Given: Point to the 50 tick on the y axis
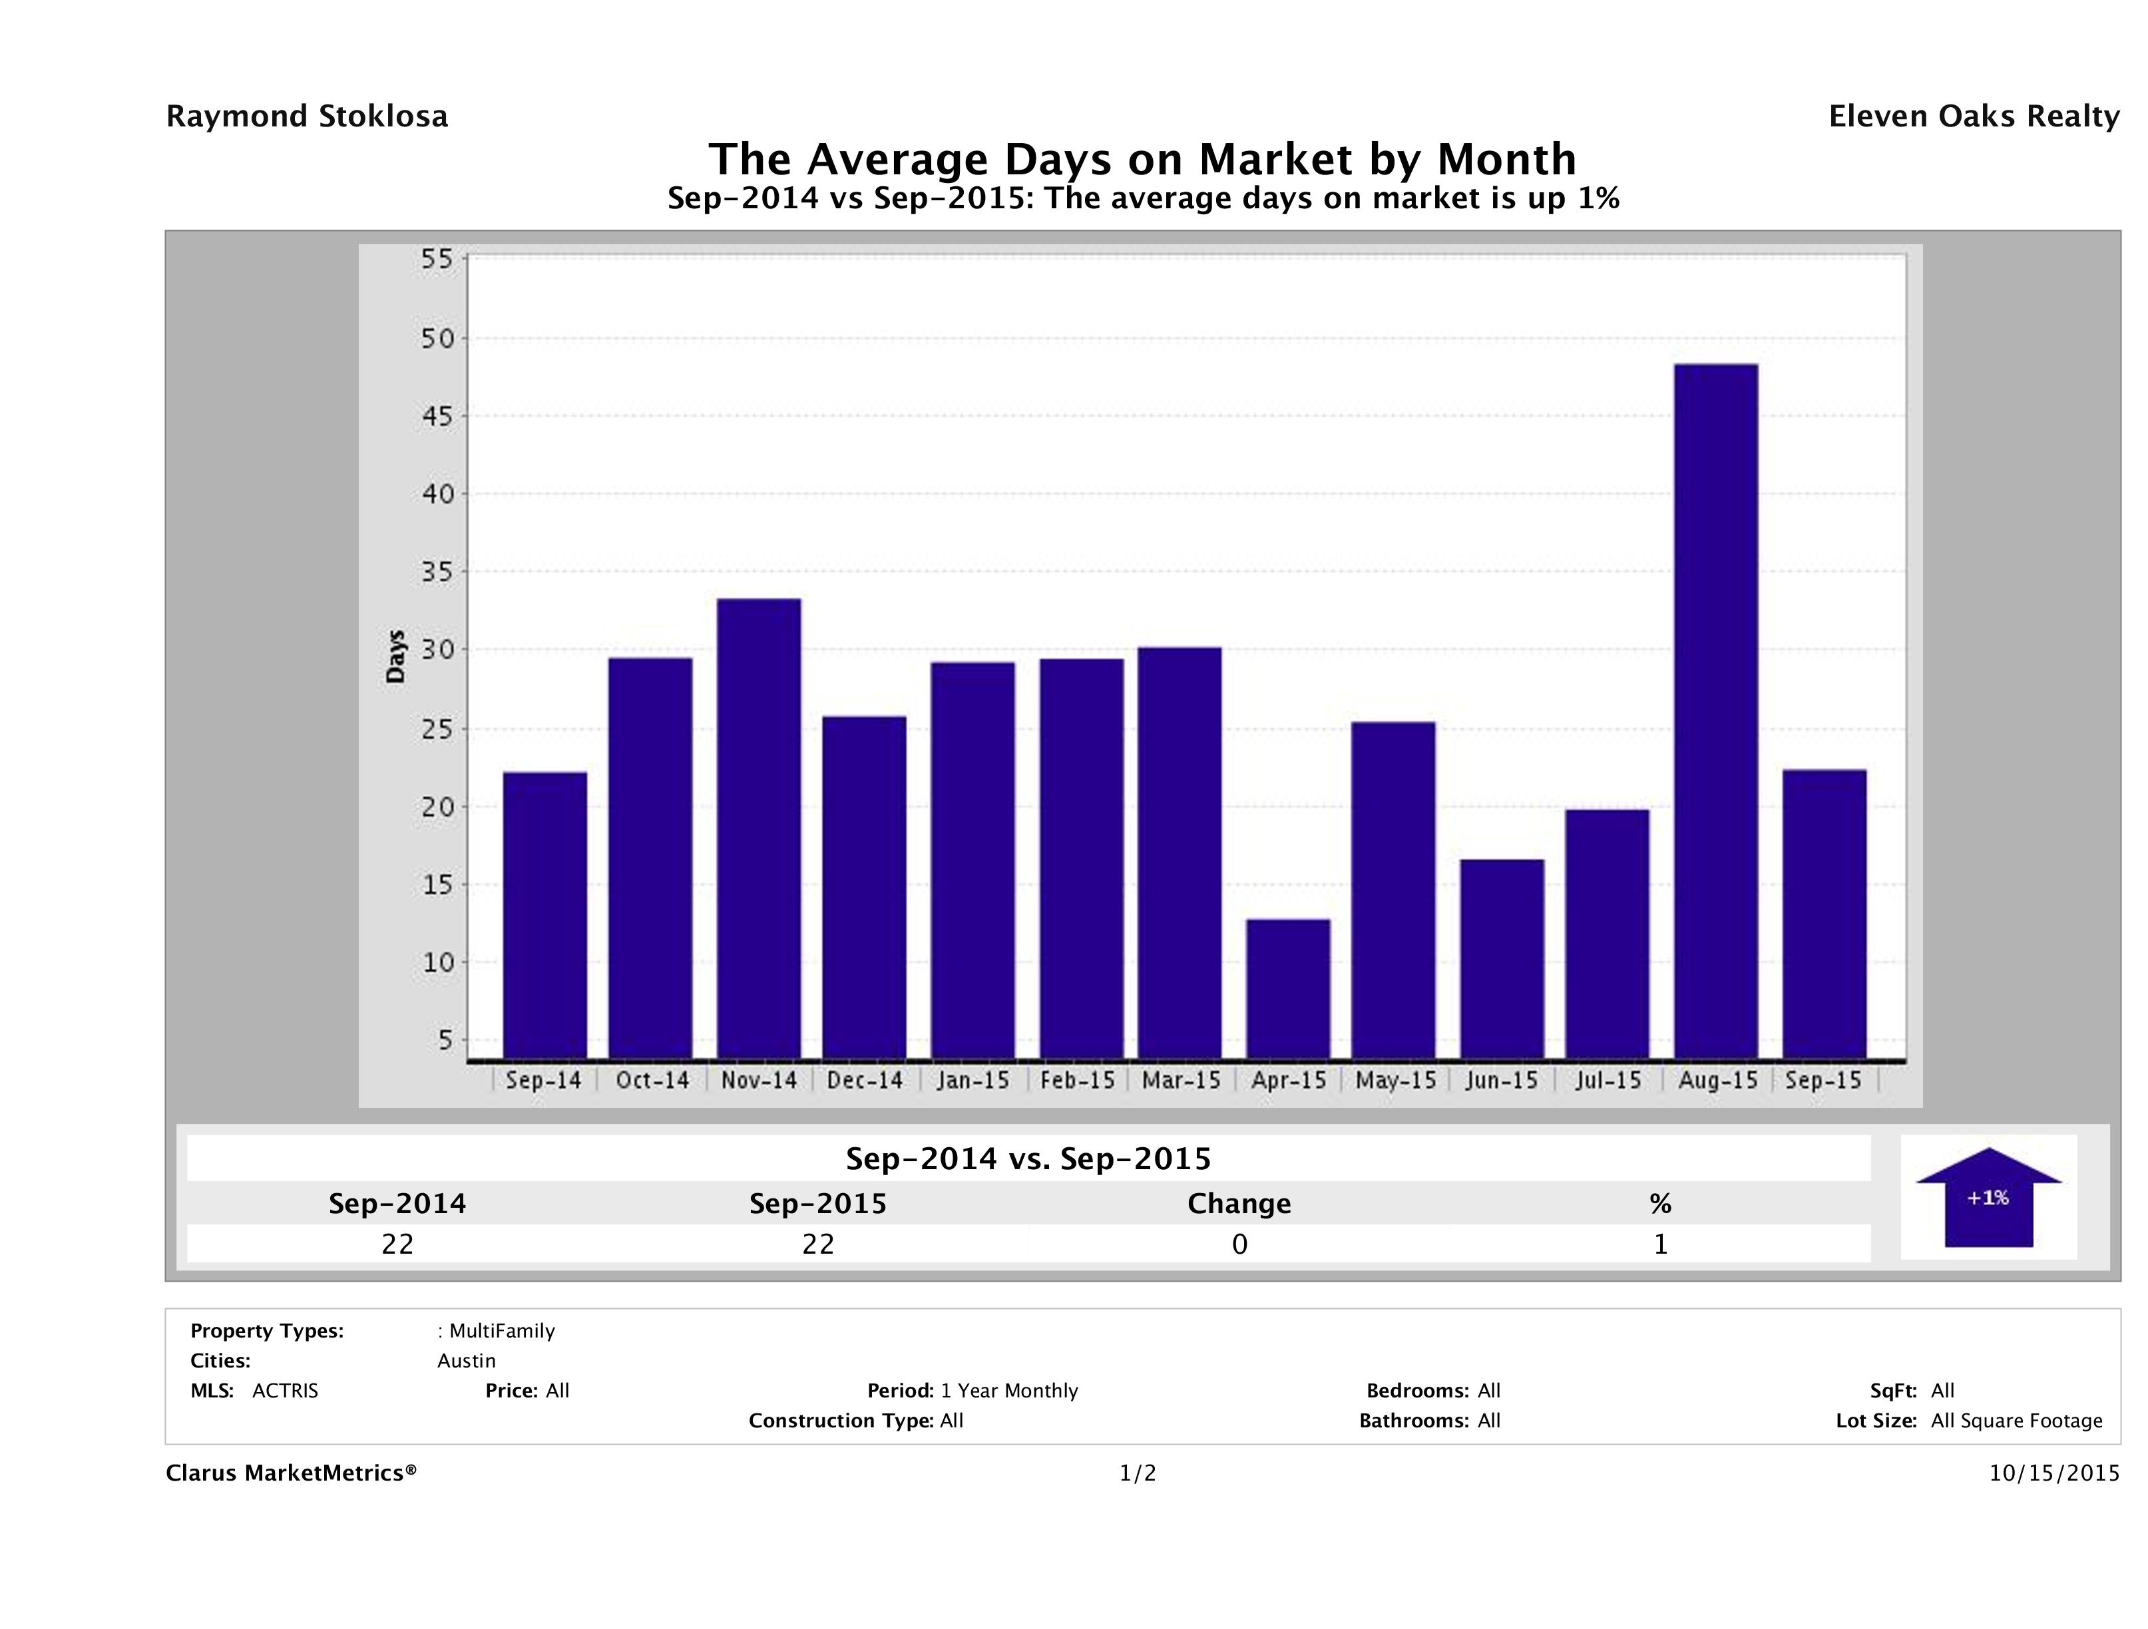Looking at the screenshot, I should pos(437,339).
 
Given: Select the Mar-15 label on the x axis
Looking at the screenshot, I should pos(1181,1081).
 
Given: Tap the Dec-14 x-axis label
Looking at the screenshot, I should pos(864,1081).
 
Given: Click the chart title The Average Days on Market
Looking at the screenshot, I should pos(1142,158).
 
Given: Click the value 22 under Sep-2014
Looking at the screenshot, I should pos(397,1244).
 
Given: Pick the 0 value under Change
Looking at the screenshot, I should pos(1239,1244).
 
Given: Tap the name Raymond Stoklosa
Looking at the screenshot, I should pos(307,116).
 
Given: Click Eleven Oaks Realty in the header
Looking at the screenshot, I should pos(1973,116).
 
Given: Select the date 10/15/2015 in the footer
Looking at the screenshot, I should pos(2053,1474).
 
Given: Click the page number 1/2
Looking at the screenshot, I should pos(1137,1474).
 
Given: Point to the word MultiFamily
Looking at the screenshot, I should pos(502,1331).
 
